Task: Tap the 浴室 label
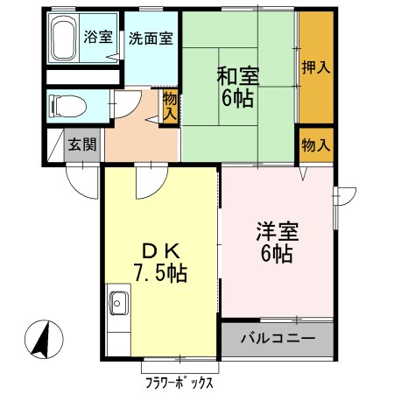tap(96, 38)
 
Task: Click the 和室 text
tap(236, 75)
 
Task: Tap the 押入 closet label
tap(315, 66)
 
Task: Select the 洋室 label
tap(278, 234)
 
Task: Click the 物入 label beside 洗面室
tap(170, 107)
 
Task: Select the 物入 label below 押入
tap(315, 144)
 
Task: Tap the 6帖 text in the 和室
tap(236, 99)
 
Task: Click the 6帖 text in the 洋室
tap(278, 257)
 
